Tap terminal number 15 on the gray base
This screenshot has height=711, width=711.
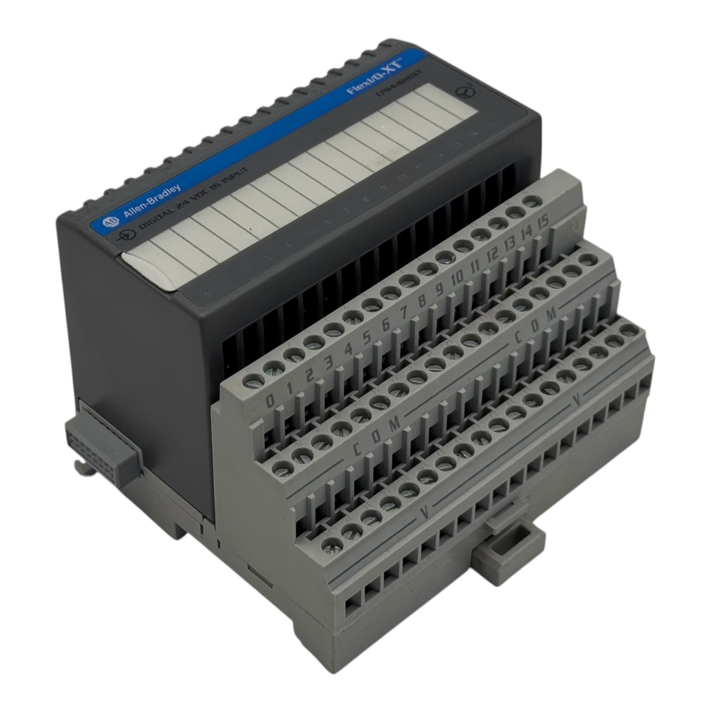pos(543,220)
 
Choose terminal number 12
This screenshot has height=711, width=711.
pos(492,254)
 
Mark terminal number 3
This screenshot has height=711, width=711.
pos(329,362)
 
